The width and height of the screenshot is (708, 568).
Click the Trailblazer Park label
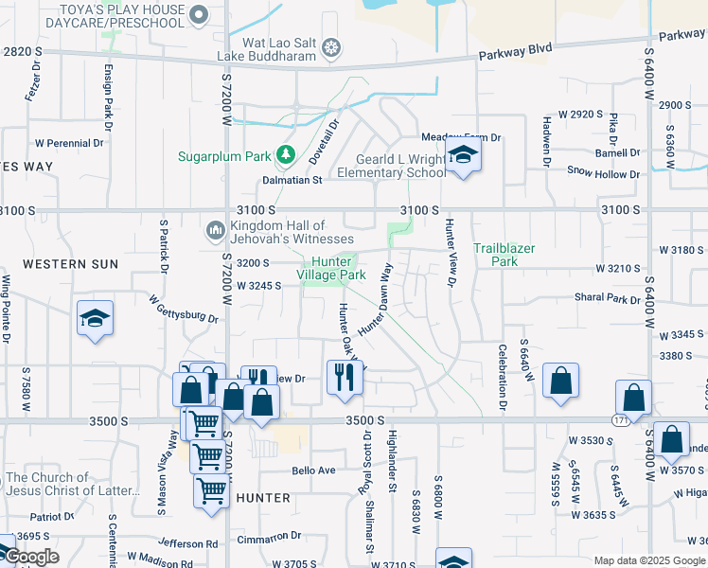(504, 254)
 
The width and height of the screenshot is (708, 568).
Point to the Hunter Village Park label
(331, 268)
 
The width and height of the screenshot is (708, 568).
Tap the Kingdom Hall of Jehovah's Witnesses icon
(216, 230)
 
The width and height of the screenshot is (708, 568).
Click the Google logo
(31, 557)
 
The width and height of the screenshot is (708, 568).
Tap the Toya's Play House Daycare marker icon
(199, 13)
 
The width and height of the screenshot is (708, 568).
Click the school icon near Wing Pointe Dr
(96, 319)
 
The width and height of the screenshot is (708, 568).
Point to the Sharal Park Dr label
(608, 297)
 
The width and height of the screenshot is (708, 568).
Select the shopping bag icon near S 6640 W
(560, 381)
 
